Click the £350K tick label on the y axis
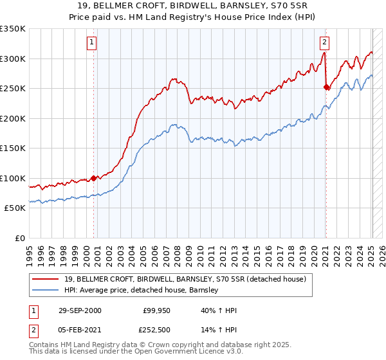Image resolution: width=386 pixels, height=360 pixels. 13,29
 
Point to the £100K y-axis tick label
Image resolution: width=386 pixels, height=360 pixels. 13,178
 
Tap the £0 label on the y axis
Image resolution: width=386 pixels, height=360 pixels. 19,238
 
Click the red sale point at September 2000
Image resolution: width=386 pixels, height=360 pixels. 94,178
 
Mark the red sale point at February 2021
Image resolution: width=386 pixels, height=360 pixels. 326,87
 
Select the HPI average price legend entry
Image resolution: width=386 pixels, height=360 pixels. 142,290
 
